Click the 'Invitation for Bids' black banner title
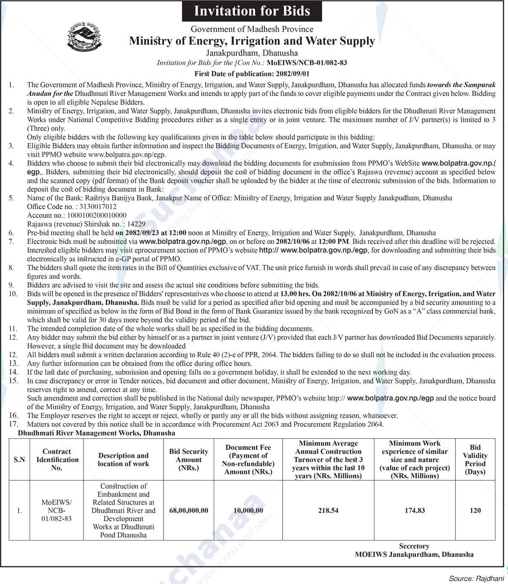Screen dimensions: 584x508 252,11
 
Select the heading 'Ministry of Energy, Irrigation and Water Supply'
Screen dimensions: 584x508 252,41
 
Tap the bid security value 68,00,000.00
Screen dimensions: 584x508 188,510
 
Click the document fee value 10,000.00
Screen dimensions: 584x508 248,510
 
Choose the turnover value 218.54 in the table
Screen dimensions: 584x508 328,510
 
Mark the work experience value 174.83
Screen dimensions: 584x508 415,510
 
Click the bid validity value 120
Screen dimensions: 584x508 475,510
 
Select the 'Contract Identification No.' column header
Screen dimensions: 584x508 57,460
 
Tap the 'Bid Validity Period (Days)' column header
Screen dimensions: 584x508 475,460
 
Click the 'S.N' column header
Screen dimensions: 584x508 19,460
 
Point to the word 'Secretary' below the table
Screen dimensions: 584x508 414,546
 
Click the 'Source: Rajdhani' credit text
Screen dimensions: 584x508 476,579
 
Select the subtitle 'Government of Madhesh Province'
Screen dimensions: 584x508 252,29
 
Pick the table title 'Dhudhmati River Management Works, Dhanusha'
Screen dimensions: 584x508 96,433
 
